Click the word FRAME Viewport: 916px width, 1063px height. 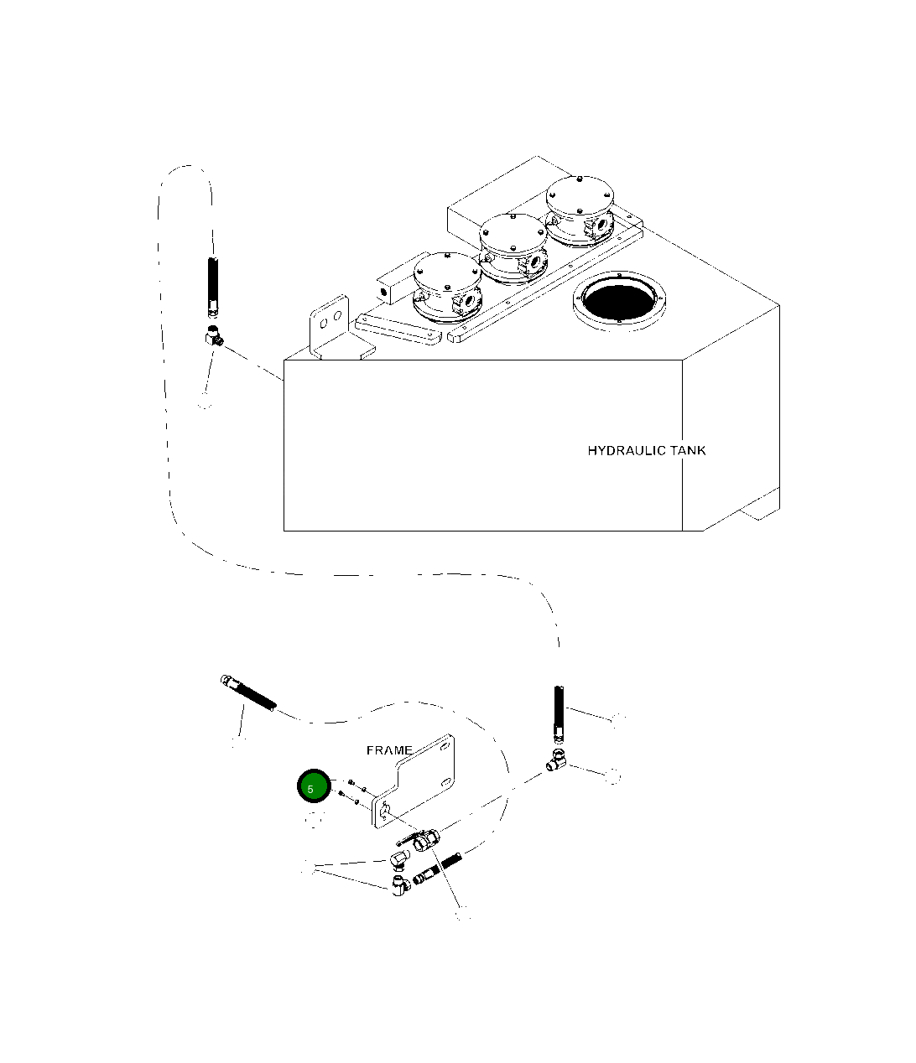389,749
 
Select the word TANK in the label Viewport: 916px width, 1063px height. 689,450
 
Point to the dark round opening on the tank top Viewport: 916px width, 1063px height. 618,298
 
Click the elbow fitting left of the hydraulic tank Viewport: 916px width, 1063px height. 214,336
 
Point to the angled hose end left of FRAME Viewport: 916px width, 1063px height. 247,692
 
